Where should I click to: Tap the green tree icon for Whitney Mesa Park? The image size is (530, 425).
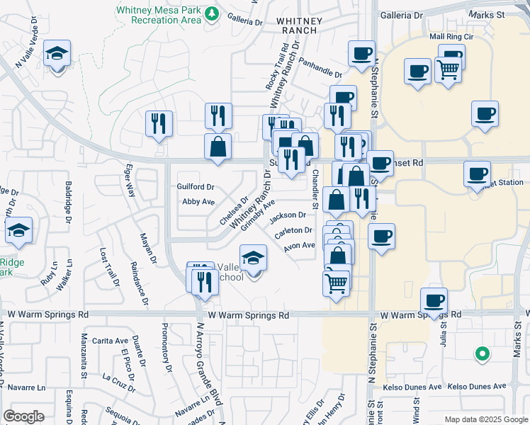click(x=211, y=13)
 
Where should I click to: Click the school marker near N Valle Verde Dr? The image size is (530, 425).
click(x=57, y=55)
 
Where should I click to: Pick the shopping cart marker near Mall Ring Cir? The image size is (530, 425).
click(x=449, y=69)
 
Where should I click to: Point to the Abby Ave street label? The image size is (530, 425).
click(x=198, y=202)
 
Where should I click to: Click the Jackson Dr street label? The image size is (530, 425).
click(x=287, y=215)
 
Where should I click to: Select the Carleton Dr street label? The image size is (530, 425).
click(x=294, y=230)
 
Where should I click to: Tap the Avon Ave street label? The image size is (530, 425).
click(x=299, y=246)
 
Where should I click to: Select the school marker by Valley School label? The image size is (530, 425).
click(x=253, y=259)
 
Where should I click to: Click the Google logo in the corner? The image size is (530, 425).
click(x=23, y=416)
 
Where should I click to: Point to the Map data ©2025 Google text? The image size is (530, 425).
click(x=485, y=419)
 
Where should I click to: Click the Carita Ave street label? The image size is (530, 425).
click(x=112, y=341)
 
